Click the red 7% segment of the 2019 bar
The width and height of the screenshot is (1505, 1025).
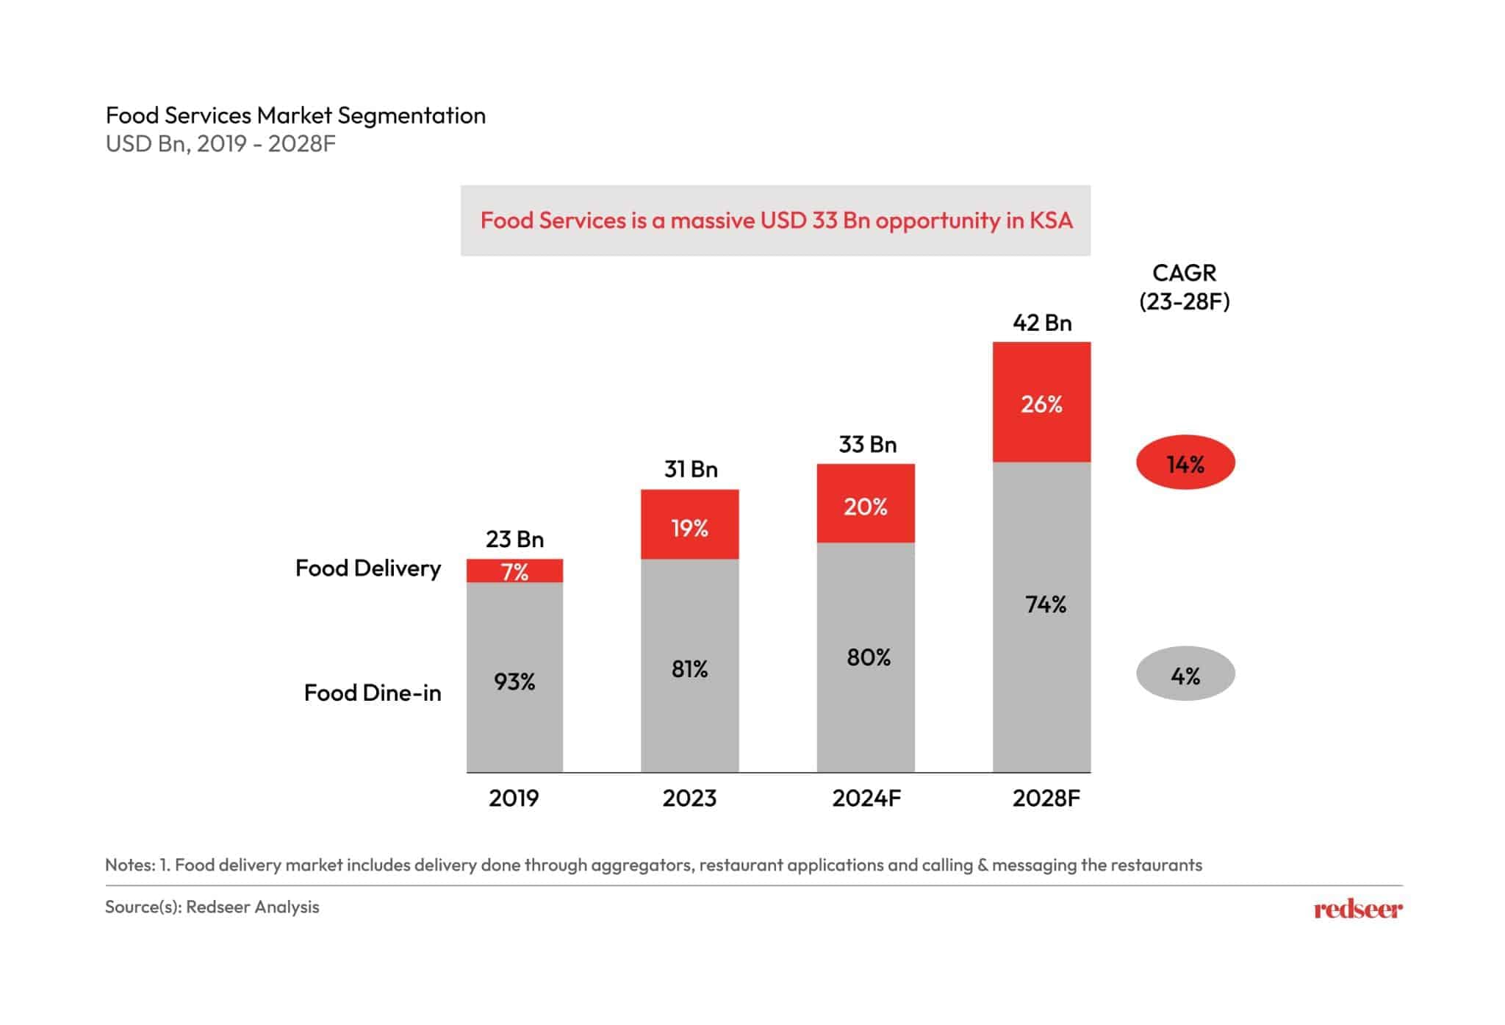coord(514,571)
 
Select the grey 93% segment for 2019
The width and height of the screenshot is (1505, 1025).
coord(514,676)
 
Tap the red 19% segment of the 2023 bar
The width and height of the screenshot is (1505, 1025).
coord(689,525)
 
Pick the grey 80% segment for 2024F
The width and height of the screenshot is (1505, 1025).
coord(866,657)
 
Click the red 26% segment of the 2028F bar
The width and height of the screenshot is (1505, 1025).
coord(1041,402)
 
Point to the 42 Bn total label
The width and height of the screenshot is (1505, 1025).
coord(1041,323)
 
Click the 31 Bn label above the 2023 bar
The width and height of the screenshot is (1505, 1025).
coord(690,469)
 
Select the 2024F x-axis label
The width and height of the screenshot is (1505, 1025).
coord(866,798)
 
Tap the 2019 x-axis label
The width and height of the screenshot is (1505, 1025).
coord(514,798)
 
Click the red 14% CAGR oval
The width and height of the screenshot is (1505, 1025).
coord(1185,463)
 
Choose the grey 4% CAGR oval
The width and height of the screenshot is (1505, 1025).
coord(1185,674)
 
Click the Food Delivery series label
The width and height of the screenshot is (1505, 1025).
coord(367,568)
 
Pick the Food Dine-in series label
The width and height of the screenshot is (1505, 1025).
coord(372,693)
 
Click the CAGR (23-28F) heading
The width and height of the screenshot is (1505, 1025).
coord(1184,287)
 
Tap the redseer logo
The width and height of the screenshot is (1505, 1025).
coord(1357,910)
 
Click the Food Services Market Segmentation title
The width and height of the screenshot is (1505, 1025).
coord(295,115)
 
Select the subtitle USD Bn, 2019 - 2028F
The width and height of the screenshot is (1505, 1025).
coord(220,143)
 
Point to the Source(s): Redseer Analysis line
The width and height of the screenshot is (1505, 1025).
coord(212,907)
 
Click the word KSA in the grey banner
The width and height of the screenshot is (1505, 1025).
coord(1050,220)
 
